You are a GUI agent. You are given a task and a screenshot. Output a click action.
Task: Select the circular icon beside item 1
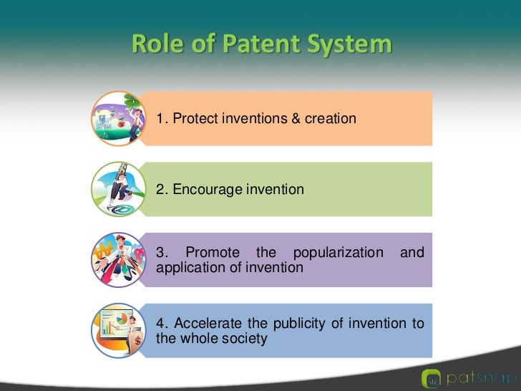117,118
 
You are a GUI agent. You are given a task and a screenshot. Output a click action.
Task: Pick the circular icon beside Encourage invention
117,189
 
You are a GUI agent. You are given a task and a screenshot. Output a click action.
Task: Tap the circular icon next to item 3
117,260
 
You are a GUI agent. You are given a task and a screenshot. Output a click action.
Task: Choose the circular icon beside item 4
117,330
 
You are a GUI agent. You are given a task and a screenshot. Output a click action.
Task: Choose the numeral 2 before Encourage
160,190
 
